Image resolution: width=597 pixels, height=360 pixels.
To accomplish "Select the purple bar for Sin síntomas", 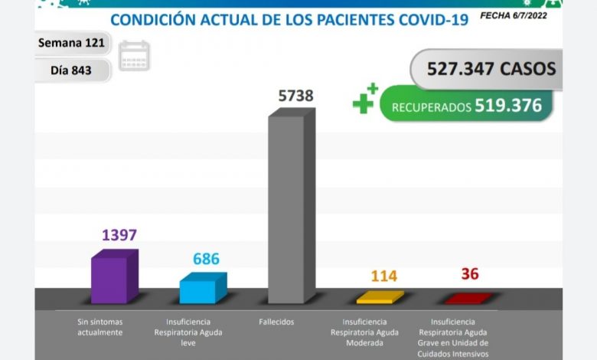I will click(x=110, y=280).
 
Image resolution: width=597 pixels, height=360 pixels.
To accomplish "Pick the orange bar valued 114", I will click(x=375, y=298).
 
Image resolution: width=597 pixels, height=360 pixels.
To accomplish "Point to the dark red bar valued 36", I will click(x=464, y=299).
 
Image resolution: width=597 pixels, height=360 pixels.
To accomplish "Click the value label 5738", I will click(x=295, y=96).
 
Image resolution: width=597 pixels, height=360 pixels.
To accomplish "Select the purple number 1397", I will click(x=119, y=234).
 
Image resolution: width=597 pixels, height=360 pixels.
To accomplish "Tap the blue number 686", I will click(x=206, y=259).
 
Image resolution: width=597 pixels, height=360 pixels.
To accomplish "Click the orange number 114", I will click(x=383, y=276).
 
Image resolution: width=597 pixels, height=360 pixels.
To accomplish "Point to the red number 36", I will click(x=470, y=274).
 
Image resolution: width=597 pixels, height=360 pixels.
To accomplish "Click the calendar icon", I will click(x=135, y=55).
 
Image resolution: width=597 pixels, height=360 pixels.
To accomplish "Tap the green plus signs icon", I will click(x=365, y=99).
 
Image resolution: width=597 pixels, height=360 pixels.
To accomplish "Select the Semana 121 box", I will click(x=71, y=43).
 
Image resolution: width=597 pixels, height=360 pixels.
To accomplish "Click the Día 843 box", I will click(x=71, y=70).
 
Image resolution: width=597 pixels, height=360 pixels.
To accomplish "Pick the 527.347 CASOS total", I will click(x=483, y=69).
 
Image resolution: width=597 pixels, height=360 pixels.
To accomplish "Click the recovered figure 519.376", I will click(x=507, y=106).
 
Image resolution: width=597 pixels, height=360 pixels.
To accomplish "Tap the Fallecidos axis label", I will click(x=276, y=322).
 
